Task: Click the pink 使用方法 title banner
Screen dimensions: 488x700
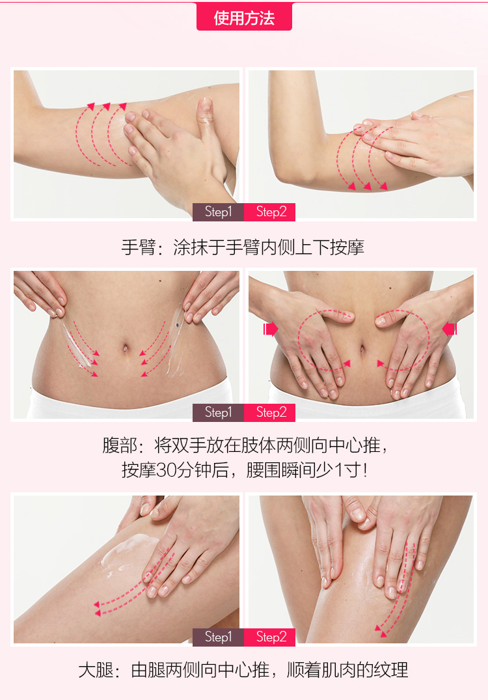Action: click(244, 16)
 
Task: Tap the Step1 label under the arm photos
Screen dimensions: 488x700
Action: click(218, 212)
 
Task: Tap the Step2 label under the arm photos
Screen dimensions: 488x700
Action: click(270, 212)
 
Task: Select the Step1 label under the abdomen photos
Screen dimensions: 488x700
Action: click(218, 412)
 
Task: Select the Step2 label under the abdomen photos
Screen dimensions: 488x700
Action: click(270, 412)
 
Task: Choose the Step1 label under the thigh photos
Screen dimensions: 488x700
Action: click(218, 637)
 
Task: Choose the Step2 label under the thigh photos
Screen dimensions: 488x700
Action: click(270, 637)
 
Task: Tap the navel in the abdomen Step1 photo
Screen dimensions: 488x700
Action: click(126, 348)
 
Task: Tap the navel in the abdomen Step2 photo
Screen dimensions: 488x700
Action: click(362, 348)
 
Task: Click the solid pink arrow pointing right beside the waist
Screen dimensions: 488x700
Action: click(271, 329)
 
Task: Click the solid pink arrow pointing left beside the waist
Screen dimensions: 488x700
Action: click(450, 329)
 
